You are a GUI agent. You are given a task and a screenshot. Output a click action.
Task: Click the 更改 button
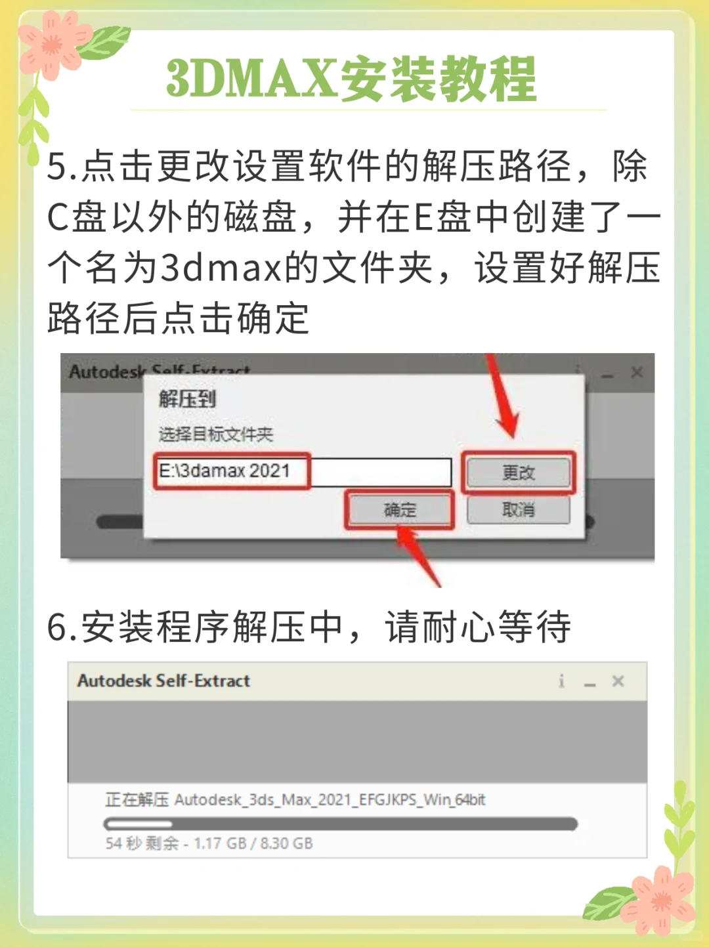click(518, 473)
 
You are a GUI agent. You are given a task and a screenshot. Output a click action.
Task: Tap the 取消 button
click(518, 509)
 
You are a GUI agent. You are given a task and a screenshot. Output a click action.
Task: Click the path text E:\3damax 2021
click(224, 471)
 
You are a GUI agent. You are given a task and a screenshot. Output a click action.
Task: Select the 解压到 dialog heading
click(187, 398)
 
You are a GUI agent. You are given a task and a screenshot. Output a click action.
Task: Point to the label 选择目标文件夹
click(215, 434)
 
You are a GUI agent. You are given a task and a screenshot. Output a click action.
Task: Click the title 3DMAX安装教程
click(352, 79)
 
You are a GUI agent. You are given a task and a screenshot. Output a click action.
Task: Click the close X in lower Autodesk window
click(618, 681)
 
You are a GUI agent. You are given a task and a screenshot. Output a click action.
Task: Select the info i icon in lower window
click(561, 681)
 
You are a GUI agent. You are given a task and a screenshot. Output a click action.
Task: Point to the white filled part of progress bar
click(139, 824)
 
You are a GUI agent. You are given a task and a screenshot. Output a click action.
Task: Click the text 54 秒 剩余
click(142, 843)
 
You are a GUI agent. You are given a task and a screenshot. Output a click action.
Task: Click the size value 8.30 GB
click(286, 843)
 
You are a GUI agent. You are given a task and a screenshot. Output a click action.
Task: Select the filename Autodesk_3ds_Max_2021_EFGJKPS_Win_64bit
click(330, 799)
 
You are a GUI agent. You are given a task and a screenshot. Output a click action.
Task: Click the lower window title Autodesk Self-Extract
click(163, 681)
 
